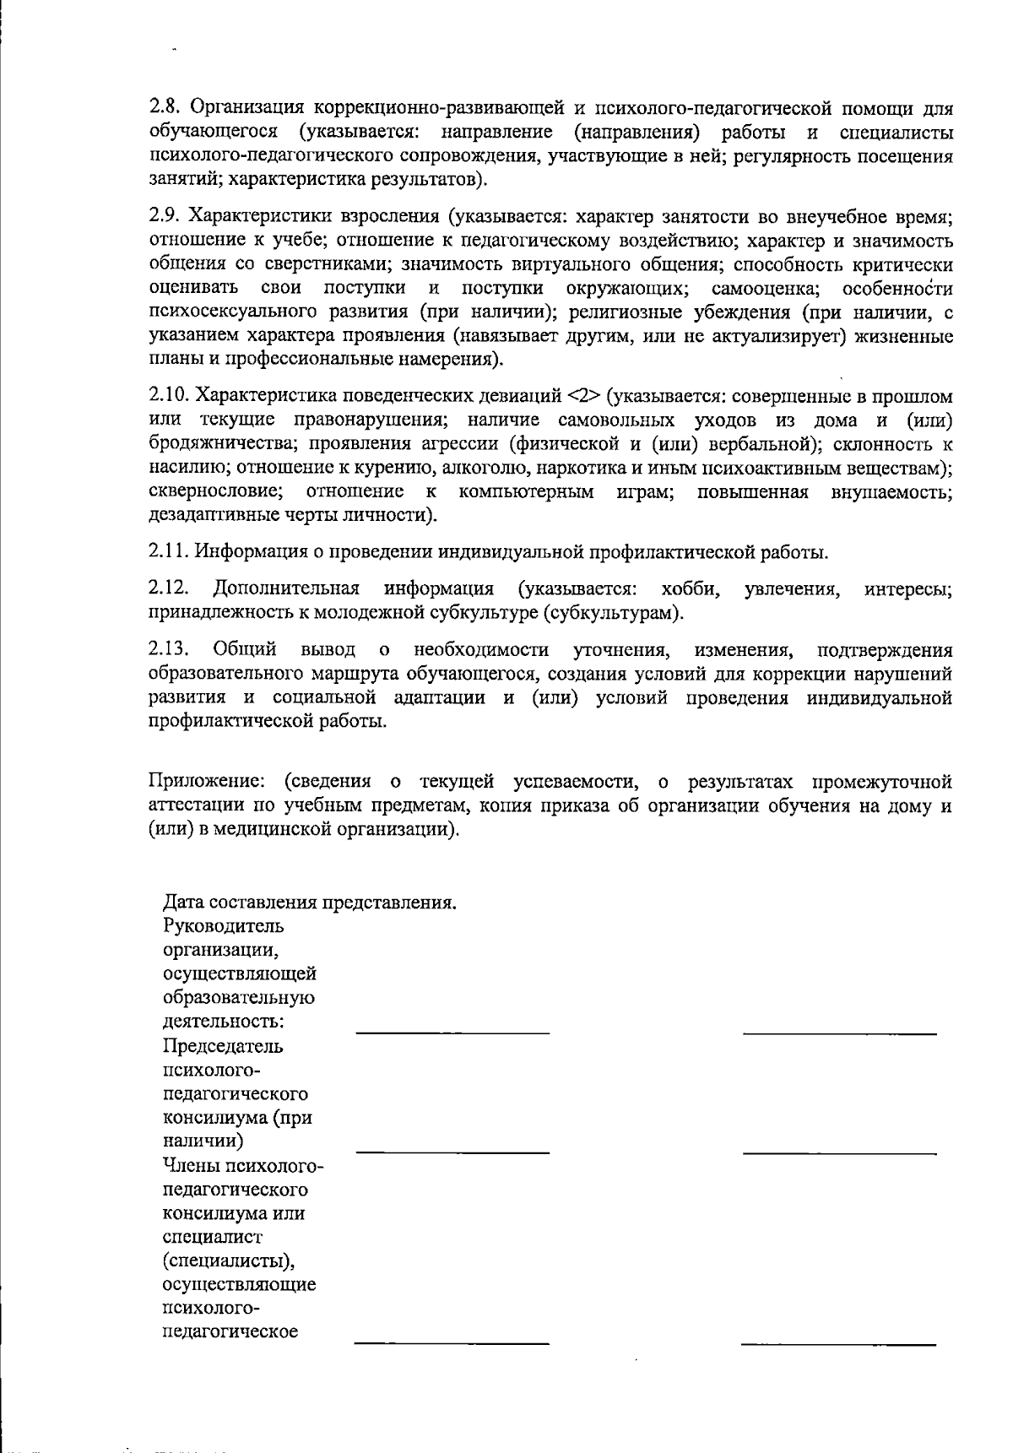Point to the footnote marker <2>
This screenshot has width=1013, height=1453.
(582, 396)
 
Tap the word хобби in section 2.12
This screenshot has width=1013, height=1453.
(691, 588)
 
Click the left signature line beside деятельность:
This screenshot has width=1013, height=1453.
(452, 1032)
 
